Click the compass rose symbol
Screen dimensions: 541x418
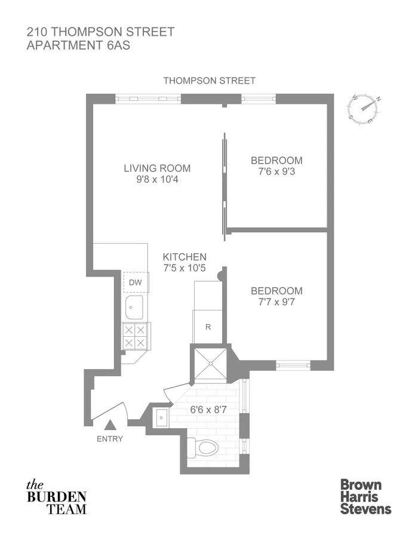coord(364,109)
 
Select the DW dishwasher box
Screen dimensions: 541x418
coord(135,282)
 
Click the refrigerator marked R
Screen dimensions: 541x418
coord(207,327)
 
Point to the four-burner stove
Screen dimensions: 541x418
coord(134,336)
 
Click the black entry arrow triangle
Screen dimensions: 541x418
coord(110,426)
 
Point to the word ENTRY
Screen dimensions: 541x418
coord(109,439)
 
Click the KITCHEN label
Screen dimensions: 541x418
coord(185,256)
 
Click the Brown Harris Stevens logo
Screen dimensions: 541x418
coord(365,496)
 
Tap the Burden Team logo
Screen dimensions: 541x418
coord(57,497)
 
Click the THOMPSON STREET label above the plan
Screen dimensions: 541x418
coord(209,81)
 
